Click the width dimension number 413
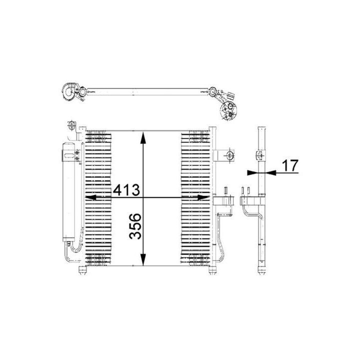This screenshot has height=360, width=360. [126, 190]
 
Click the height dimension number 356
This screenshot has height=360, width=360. [135, 226]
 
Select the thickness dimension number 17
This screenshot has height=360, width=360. [290, 165]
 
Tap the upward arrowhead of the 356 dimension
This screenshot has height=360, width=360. [143, 137]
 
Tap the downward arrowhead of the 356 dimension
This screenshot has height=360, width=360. [143, 259]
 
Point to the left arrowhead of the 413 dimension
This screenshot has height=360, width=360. [91, 197]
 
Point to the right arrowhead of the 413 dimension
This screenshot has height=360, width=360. [203, 197]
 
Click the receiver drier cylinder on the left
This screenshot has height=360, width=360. [68, 192]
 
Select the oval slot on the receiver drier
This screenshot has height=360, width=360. [68, 156]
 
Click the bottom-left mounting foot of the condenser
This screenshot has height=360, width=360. [82, 270]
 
